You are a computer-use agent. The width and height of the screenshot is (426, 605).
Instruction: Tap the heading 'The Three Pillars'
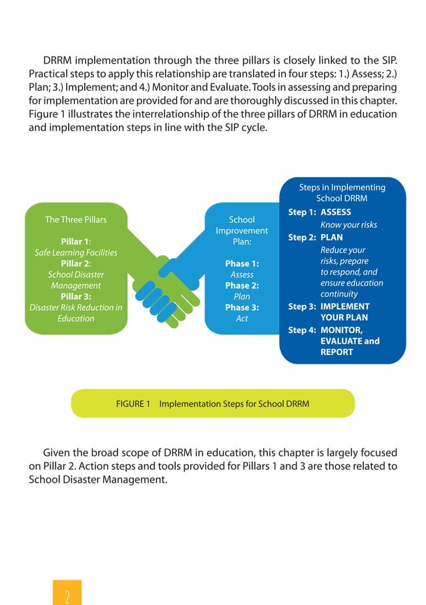pos(75,219)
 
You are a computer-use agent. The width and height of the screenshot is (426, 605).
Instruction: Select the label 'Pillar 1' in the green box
pos(75,241)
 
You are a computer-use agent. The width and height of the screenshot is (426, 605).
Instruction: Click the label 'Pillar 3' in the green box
pos(75,296)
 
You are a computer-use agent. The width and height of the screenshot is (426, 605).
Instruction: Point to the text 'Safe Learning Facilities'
pos(75,253)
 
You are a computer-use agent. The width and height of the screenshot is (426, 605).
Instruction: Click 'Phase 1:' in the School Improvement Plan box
pos(242,263)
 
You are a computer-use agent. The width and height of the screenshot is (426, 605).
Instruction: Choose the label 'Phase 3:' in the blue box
pos(242,308)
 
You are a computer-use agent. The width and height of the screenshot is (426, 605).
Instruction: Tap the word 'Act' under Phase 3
pos(242,319)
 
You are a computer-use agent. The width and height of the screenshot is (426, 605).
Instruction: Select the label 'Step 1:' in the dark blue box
pos(302,213)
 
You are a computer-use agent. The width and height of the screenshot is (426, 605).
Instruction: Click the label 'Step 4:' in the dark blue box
pos(302,330)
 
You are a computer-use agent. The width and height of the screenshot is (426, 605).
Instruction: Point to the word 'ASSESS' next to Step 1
pos(336,213)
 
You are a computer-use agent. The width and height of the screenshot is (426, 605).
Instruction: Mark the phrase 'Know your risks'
pos(349,225)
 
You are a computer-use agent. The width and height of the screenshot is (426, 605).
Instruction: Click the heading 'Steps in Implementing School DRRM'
pos(342,193)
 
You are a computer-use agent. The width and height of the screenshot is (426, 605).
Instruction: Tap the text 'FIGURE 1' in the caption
pos(133,404)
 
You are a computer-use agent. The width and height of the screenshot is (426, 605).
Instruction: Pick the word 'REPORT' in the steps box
pos(337,352)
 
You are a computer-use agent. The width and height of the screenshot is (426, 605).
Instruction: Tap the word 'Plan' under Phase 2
pos(242,297)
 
